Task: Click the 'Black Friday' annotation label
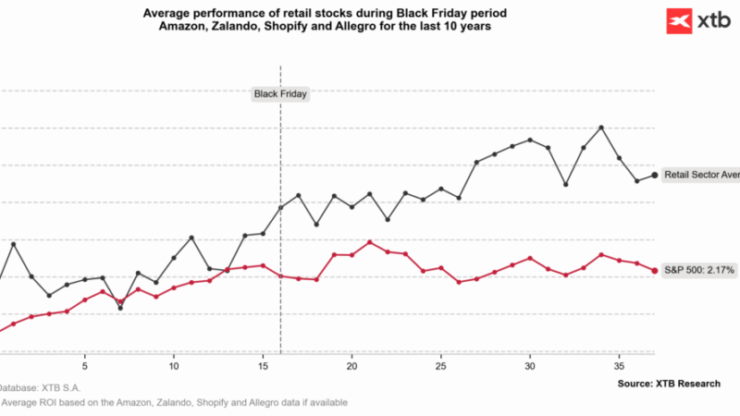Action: (x=280, y=93)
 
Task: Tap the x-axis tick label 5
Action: (x=85, y=366)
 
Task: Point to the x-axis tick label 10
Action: (x=174, y=366)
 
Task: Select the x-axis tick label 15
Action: (x=263, y=366)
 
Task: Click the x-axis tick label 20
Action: (x=351, y=366)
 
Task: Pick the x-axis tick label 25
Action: (x=441, y=366)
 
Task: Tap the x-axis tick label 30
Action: (x=530, y=366)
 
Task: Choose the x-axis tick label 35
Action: (x=619, y=366)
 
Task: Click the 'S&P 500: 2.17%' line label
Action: (x=699, y=270)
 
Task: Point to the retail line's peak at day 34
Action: (x=601, y=128)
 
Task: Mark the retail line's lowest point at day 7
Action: (x=120, y=308)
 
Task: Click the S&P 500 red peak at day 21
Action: (x=370, y=242)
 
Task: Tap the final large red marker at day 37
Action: (x=655, y=270)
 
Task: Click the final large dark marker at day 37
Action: (x=655, y=175)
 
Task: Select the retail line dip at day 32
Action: (x=566, y=185)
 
